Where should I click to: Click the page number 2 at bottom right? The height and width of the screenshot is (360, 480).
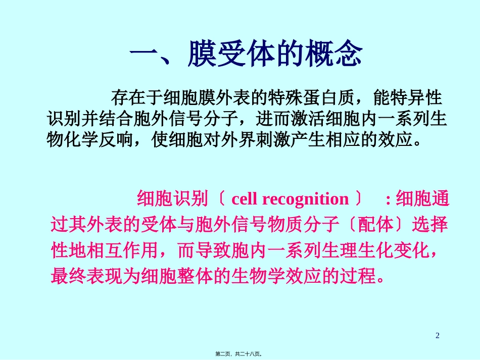tap(438, 335)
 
